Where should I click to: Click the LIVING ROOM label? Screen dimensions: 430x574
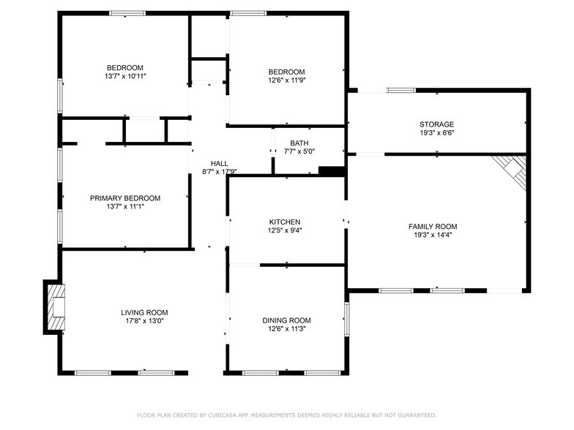tap(144, 312)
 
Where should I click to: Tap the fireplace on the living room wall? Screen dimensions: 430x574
tap(56, 307)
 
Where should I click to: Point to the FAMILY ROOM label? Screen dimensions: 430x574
tap(432, 227)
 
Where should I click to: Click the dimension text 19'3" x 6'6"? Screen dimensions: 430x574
tap(436, 134)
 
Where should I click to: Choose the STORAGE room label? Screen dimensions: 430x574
tap(436, 124)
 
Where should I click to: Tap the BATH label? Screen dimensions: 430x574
tap(299, 143)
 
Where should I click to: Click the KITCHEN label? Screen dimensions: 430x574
tap(285, 222)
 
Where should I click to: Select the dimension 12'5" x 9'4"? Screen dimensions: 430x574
tap(285, 230)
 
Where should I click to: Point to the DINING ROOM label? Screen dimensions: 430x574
tap(286, 320)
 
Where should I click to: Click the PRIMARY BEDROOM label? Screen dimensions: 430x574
tap(125, 198)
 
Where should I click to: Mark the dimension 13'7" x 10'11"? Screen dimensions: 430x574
tap(125, 76)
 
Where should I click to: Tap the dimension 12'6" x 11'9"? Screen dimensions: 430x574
tap(286, 80)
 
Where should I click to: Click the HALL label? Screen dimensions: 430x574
tap(219, 163)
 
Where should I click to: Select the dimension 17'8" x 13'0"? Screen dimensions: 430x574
tap(144, 321)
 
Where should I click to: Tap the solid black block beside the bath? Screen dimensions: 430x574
tap(332, 172)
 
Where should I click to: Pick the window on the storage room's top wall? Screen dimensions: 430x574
tap(400, 91)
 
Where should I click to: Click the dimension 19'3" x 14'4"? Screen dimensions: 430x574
tap(432, 235)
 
